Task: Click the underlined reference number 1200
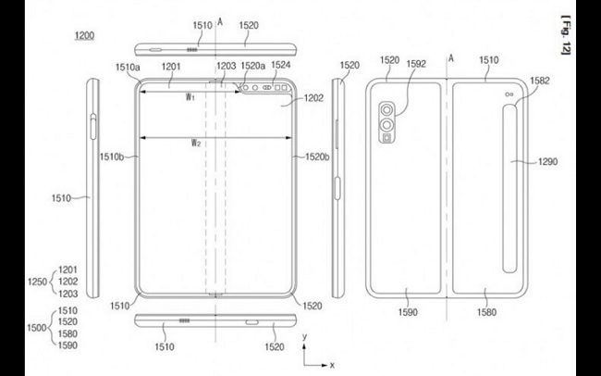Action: click(x=84, y=36)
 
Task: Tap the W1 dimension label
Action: click(x=190, y=97)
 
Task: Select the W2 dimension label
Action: click(x=196, y=144)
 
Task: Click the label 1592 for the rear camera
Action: click(x=416, y=64)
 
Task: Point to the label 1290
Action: click(x=547, y=162)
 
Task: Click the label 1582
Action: click(x=540, y=81)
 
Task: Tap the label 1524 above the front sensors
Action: click(x=281, y=65)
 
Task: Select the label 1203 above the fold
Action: click(x=227, y=66)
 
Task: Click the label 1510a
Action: click(x=128, y=68)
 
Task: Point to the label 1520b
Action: click(x=317, y=157)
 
